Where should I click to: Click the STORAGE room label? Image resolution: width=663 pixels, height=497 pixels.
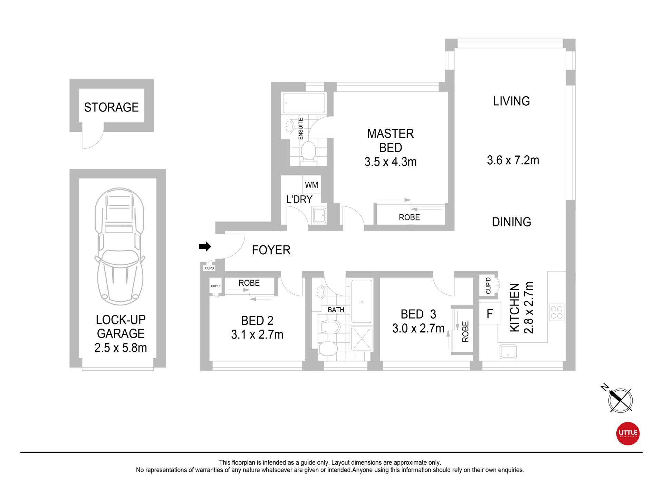(x=111, y=107)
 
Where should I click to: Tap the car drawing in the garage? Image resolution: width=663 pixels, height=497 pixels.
(x=119, y=246)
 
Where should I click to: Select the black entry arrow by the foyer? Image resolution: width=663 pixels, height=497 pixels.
(x=205, y=246)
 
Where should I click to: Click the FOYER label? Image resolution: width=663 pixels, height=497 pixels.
(x=271, y=250)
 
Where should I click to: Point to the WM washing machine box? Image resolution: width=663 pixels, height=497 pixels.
(x=312, y=185)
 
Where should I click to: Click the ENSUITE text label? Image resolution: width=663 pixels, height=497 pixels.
(x=300, y=129)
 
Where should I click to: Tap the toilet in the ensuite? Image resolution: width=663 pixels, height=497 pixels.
(x=308, y=152)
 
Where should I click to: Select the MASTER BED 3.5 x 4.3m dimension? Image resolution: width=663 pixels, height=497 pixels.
(x=391, y=162)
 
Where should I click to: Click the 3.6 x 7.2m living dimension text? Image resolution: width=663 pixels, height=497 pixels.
(x=513, y=160)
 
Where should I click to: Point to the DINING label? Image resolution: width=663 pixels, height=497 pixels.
(x=511, y=222)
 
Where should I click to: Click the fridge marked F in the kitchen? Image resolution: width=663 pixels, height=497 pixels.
(x=490, y=313)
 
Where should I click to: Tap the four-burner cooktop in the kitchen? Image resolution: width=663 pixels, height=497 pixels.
(x=556, y=312)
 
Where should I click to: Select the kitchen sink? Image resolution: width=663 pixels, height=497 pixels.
(x=508, y=352)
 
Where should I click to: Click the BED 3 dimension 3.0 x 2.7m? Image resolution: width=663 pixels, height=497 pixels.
(x=418, y=328)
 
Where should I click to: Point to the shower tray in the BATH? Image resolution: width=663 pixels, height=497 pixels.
(x=362, y=339)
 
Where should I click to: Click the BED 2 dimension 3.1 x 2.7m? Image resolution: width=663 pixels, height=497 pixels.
(x=257, y=334)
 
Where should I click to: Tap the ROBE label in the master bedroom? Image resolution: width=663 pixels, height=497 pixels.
(x=409, y=217)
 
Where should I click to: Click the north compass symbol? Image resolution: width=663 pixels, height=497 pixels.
(x=620, y=400)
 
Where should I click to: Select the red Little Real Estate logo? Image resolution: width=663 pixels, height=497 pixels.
(x=628, y=433)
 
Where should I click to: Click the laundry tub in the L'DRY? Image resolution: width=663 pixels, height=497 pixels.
(x=319, y=215)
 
